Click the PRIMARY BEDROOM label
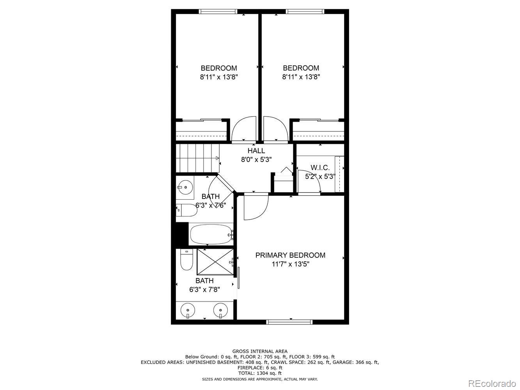(290, 255)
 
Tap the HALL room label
(256, 151)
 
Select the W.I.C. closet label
(320, 168)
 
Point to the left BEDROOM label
(219, 68)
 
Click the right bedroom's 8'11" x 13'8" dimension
(301, 77)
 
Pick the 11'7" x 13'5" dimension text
(290, 264)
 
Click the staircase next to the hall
(197, 158)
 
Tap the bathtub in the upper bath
(211, 234)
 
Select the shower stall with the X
(215, 262)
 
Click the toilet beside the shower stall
(186, 260)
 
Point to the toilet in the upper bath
(186, 211)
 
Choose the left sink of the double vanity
(188, 311)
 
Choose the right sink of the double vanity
(220, 311)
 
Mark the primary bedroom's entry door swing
(255, 207)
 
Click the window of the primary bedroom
(289, 322)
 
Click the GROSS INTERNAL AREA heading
(260, 351)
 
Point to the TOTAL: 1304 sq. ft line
(260, 373)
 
